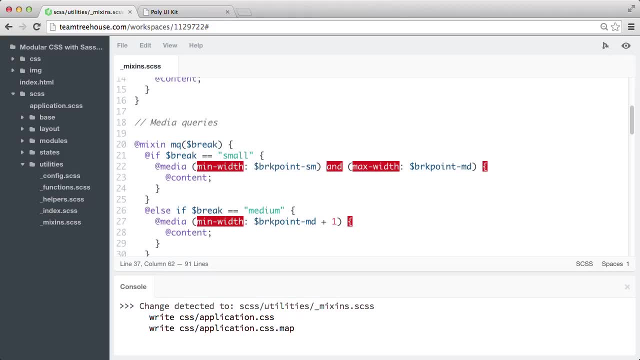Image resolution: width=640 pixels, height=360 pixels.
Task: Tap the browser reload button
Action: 36,27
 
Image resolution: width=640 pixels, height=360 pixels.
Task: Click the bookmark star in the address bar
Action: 615,27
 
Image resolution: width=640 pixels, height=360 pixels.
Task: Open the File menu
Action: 122,45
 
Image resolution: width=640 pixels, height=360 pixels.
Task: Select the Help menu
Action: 195,45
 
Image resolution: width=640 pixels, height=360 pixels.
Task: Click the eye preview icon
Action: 625,45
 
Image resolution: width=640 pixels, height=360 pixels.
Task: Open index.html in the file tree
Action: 36,82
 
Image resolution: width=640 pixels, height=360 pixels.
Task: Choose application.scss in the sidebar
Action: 56,105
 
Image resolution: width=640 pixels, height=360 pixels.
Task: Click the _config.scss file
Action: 60,175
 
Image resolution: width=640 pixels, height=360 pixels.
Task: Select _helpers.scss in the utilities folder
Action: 62,199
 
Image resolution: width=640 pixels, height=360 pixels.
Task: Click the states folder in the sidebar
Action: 49,152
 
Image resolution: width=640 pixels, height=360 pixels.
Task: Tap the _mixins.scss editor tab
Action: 140,66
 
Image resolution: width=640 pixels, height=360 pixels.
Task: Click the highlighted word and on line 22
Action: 334,166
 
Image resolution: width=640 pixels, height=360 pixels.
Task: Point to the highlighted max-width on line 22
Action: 375,166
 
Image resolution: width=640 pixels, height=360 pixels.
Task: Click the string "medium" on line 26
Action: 264,210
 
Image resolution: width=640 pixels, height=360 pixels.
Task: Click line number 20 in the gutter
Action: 121,144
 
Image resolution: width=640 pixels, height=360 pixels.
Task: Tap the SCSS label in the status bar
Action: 584,263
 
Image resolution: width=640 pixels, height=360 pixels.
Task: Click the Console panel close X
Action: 627,287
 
